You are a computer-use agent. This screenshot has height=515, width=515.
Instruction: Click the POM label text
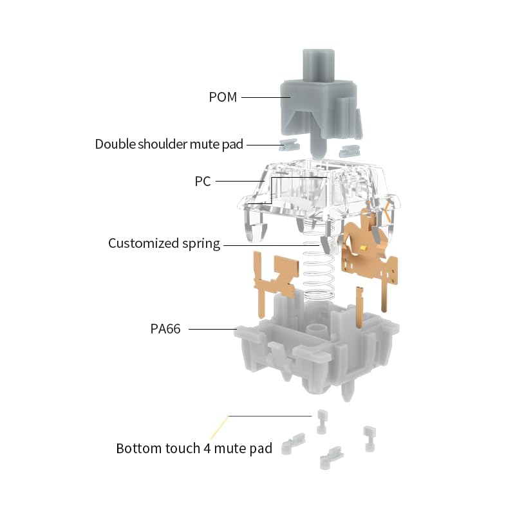(223, 97)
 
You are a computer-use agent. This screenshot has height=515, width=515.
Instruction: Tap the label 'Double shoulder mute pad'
(169, 144)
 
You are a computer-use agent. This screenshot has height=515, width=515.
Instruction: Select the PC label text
(203, 182)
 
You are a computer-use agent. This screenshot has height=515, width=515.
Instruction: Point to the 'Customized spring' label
(164, 244)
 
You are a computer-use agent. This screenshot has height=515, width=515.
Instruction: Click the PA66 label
(165, 329)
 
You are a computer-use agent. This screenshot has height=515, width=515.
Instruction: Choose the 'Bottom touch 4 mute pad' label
(194, 448)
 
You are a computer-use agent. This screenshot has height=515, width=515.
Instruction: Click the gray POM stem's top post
(318, 65)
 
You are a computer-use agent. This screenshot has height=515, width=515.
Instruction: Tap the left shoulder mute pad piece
(288, 144)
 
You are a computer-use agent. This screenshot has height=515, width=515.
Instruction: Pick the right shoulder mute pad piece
(350, 151)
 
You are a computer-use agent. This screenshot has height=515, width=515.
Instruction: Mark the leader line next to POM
(266, 97)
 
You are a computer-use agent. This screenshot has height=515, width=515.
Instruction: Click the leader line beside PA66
(213, 329)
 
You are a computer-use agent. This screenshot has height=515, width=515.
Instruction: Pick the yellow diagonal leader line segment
(219, 427)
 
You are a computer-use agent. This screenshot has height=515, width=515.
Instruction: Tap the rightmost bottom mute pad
(370, 439)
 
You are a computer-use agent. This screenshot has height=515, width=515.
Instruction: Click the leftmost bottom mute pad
(293, 444)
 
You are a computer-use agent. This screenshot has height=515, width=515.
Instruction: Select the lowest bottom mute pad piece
(332, 457)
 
